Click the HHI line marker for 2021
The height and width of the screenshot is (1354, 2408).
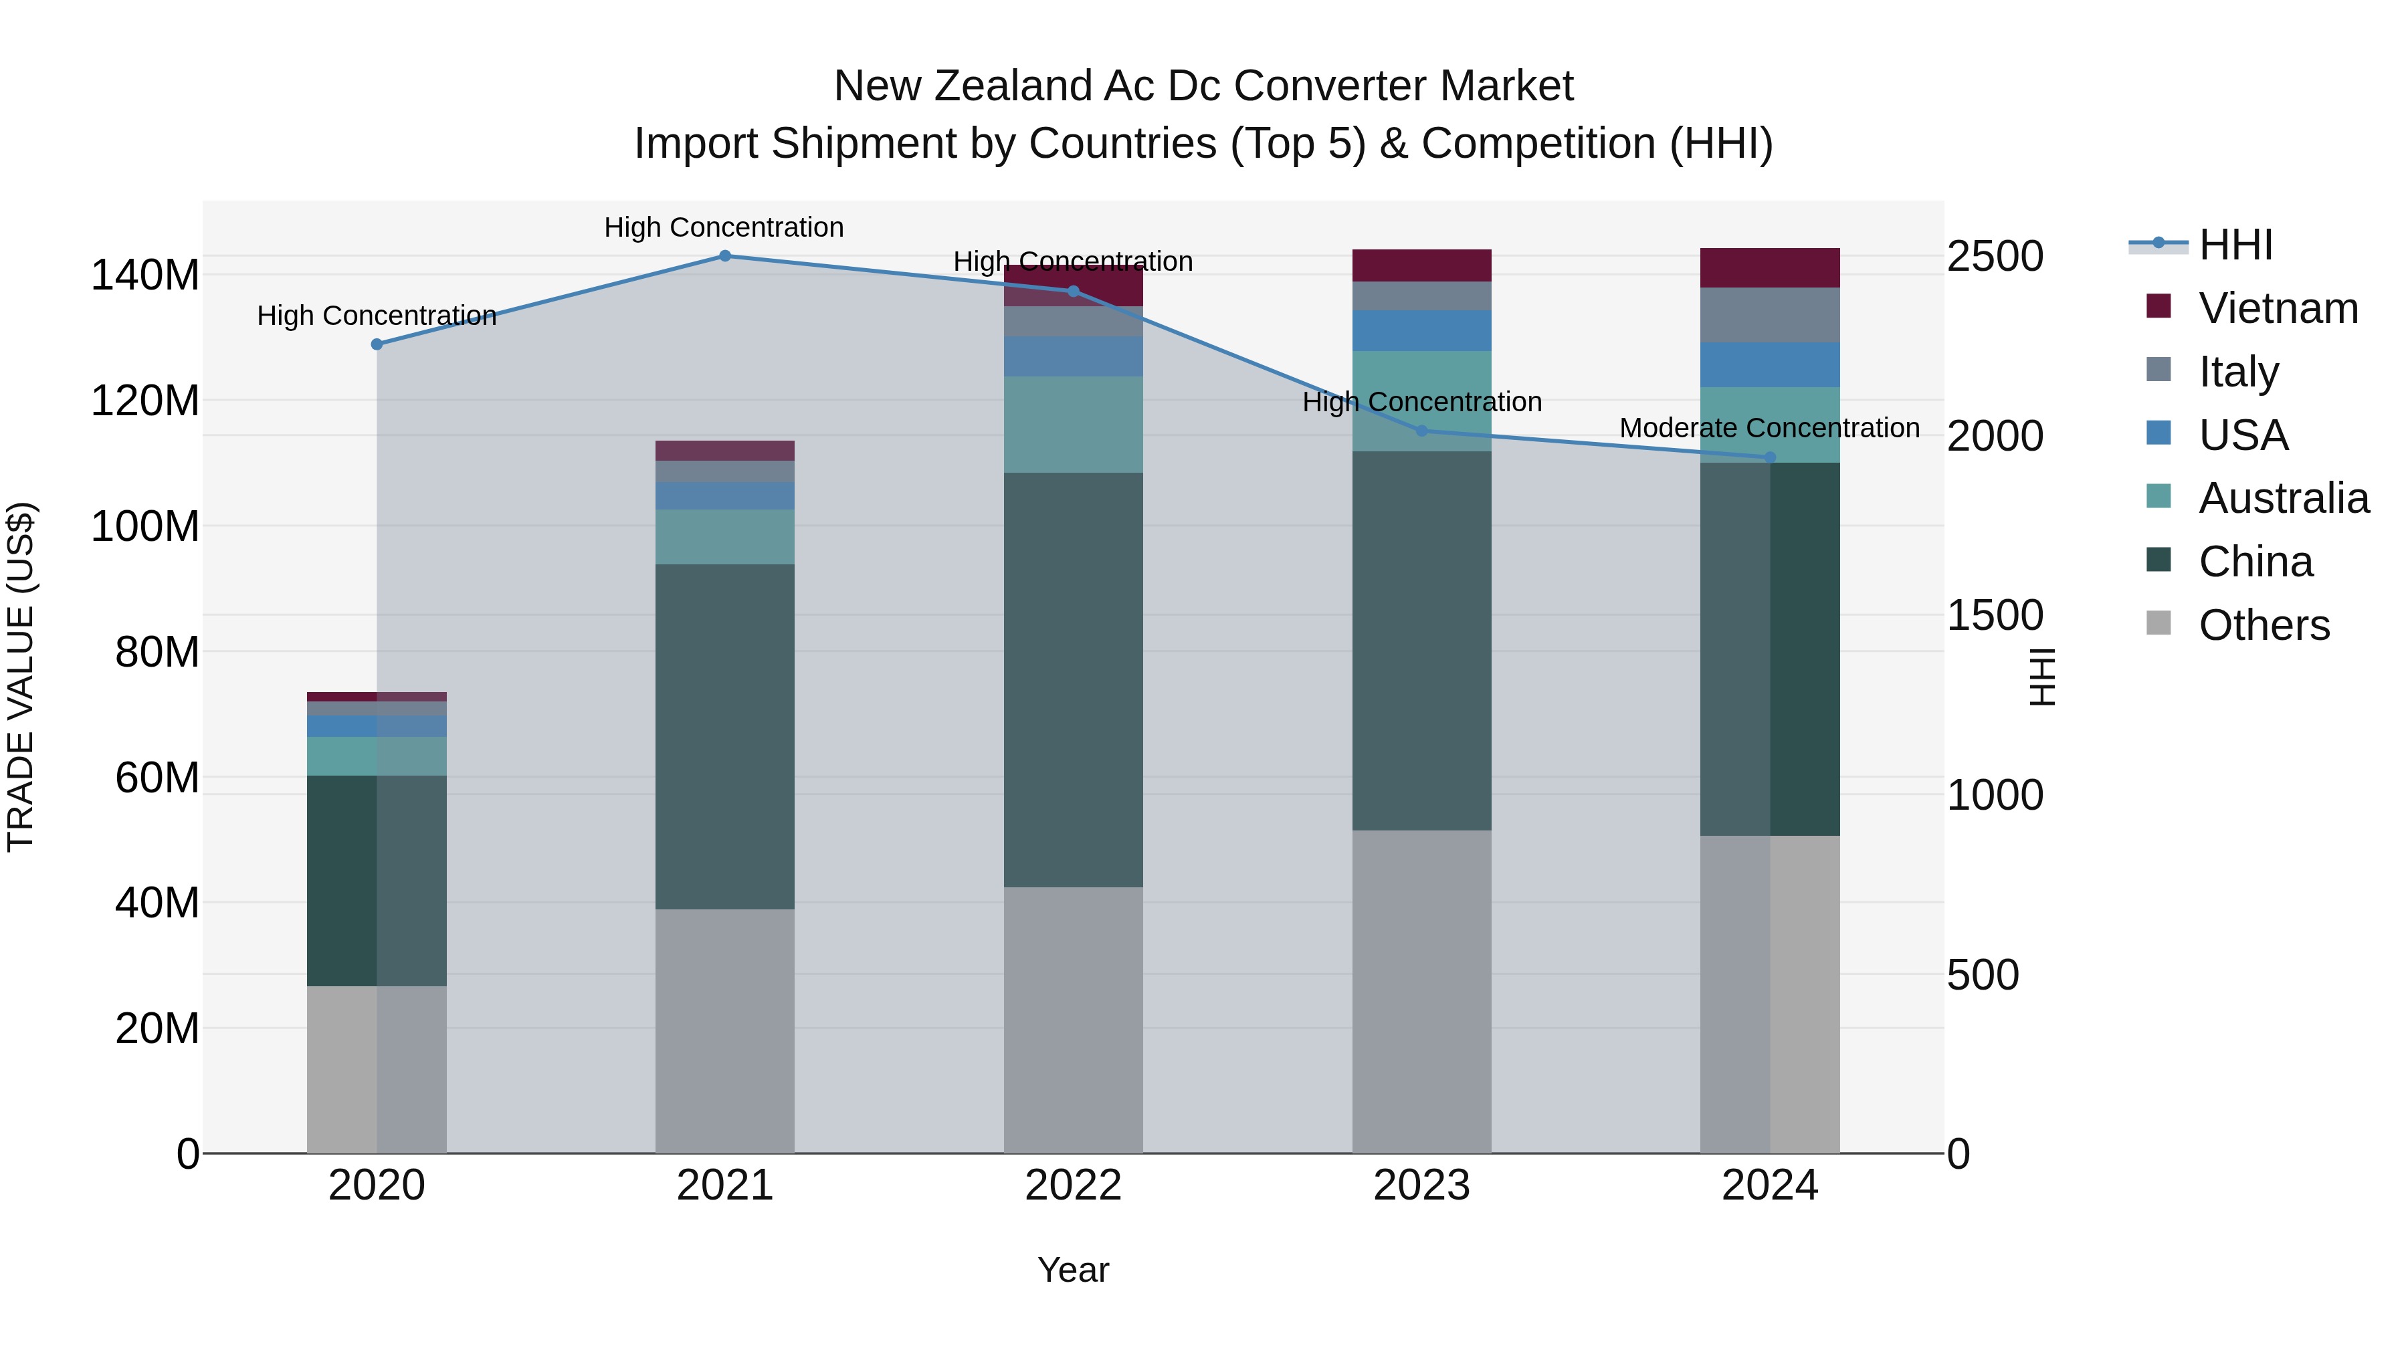724,255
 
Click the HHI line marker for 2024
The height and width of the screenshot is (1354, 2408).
1769,457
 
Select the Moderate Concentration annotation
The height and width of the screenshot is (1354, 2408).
1769,428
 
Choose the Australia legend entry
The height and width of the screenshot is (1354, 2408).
2283,498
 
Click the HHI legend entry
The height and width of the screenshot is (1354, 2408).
2234,245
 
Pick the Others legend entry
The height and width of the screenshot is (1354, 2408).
2263,625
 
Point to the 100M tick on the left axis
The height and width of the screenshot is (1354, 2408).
145,526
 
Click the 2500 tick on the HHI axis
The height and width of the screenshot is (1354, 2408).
1995,256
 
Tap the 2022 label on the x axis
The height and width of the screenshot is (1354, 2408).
1073,1186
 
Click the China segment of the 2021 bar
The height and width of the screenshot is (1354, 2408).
724,736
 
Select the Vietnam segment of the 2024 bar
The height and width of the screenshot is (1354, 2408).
1769,267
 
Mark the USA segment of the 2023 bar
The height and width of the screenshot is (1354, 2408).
1422,331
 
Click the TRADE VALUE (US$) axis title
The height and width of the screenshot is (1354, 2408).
21,677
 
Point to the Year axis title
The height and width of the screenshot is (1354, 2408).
1073,1270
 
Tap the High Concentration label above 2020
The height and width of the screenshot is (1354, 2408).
377,316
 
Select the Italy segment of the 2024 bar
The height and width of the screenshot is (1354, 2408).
1769,315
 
